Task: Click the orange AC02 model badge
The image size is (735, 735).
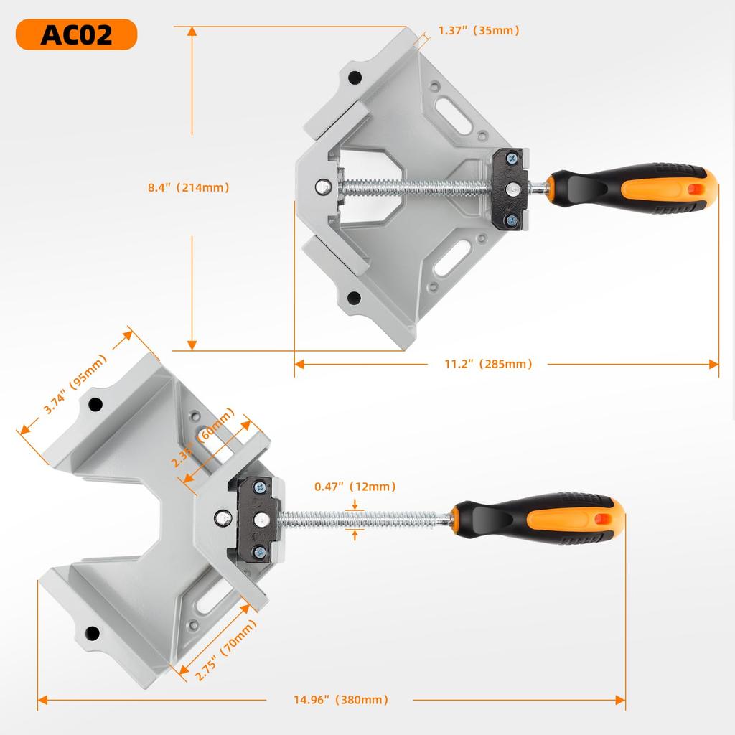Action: tap(76, 34)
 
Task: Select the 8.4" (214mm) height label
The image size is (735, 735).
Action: tap(188, 187)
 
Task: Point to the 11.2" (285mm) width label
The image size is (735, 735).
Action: tap(488, 364)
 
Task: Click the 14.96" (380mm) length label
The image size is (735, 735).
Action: tap(341, 700)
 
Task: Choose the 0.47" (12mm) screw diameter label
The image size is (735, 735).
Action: tap(355, 487)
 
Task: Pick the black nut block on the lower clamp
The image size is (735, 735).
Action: tap(256, 518)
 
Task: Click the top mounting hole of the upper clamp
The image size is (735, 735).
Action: tap(353, 78)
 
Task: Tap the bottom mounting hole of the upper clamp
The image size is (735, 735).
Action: tap(353, 297)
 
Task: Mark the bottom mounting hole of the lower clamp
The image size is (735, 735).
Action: tap(93, 633)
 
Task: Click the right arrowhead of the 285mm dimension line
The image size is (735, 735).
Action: tap(714, 364)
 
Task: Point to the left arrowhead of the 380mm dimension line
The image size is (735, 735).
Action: tap(42, 700)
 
